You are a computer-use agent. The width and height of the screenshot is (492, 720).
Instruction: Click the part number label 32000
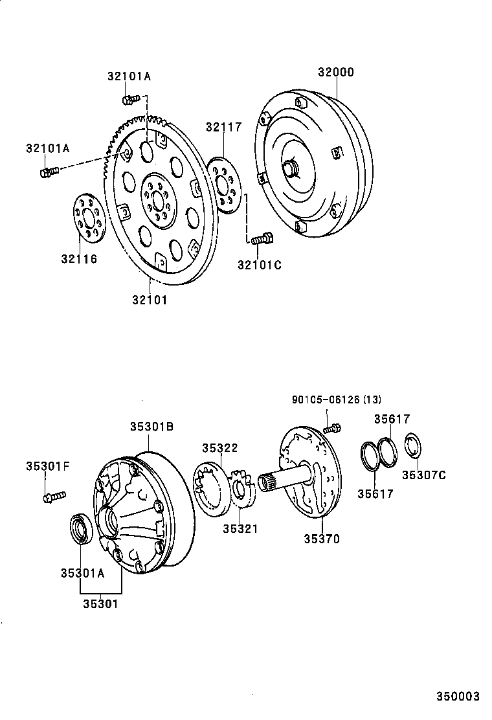point(335,73)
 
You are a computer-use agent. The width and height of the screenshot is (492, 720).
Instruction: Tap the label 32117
point(224,127)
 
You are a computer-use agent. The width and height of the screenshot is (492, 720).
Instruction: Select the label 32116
point(79,259)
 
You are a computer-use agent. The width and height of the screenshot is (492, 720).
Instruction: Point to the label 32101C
point(260,264)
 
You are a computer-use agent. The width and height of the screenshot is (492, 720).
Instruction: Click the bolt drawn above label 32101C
point(262,240)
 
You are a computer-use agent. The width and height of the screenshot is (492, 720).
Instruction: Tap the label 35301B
point(151,427)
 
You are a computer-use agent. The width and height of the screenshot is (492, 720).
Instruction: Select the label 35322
point(219,448)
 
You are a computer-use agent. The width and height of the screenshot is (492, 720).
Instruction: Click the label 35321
point(241,529)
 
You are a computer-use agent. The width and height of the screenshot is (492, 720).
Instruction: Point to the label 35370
point(322,539)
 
